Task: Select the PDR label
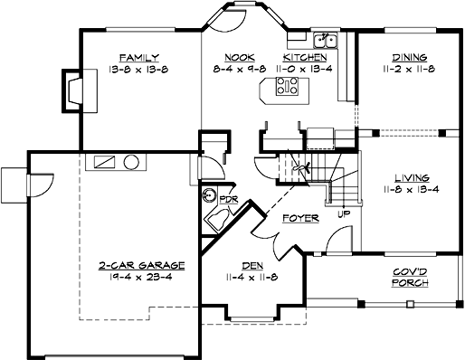pos(228,199)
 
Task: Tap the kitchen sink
pos(325,41)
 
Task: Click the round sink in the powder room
pos(210,194)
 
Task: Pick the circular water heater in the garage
pos(132,163)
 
